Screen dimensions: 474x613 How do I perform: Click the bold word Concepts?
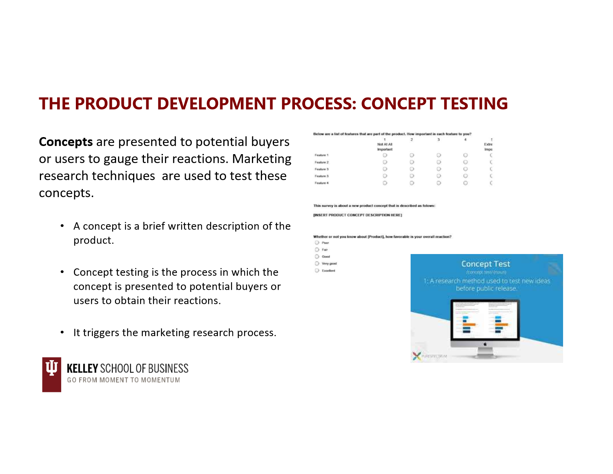click(x=66, y=142)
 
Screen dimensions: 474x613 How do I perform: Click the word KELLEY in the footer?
click(x=82, y=368)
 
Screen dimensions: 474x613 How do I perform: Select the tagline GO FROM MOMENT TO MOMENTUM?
click(x=123, y=380)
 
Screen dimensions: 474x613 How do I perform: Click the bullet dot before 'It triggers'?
click(x=62, y=332)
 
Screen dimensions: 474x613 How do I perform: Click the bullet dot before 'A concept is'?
click(x=62, y=226)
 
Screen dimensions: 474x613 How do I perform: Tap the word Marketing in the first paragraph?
click(x=262, y=159)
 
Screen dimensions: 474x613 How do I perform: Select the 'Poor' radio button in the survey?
click(x=317, y=243)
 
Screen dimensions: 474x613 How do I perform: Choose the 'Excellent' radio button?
click(x=317, y=271)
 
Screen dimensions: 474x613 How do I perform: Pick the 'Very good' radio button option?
click(x=317, y=264)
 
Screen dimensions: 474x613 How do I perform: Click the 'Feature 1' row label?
click(x=321, y=155)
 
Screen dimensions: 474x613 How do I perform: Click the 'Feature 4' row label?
click(x=321, y=183)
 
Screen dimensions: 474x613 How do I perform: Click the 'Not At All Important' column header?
click(x=385, y=146)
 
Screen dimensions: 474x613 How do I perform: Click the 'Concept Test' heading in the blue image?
click(x=485, y=264)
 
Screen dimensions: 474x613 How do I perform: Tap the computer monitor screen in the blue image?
click(x=485, y=319)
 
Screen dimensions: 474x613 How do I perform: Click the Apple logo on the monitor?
click(x=485, y=343)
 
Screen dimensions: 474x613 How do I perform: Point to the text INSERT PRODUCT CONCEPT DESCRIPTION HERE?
click(x=358, y=215)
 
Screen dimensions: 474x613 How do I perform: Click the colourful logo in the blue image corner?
click(x=416, y=356)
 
